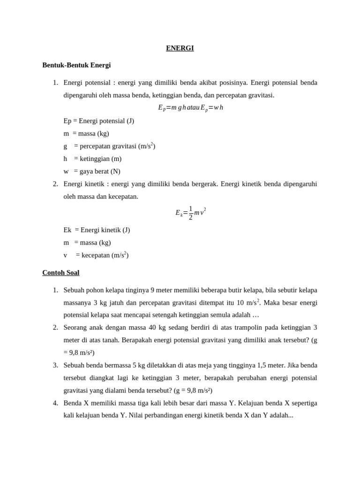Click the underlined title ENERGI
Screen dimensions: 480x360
tap(180, 48)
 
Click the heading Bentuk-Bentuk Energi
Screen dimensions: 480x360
tap(76, 65)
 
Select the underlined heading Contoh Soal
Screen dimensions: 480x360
tap(61, 272)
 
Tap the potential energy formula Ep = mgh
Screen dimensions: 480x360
tap(190, 108)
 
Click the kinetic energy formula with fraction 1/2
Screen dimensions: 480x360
tap(190, 212)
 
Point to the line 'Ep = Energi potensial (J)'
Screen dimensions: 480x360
tap(99, 121)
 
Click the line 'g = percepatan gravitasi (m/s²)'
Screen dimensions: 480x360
tap(109, 146)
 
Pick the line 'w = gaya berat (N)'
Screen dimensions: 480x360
tap(92, 172)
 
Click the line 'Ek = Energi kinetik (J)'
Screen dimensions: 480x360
tap(97, 230)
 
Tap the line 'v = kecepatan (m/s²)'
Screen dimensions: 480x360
tap(96, 255)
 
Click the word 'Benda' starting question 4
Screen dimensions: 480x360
tap(73, 403)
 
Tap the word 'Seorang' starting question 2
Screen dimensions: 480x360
tap(76, 327)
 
